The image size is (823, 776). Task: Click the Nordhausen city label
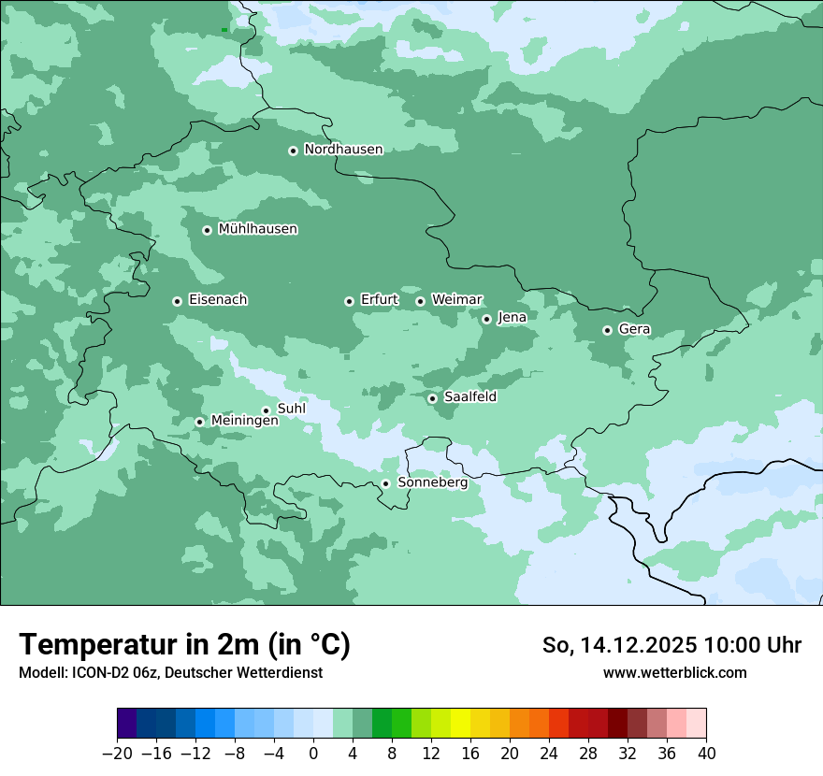[x=343, y=150]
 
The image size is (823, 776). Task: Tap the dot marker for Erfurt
[x=349, y=301]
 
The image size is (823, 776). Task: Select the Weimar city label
[x=456, y=299]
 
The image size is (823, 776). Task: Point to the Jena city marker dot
[x=486, y=319]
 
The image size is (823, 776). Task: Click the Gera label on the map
[x=634, y=329]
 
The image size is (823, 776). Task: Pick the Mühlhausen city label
[x=257, y=229]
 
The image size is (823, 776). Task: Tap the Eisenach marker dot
[x=177, y=301]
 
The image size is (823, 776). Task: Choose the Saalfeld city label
[x=469, y=396]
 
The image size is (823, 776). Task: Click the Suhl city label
[x=291, y=409]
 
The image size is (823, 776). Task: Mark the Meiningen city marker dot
[x=199, y=422]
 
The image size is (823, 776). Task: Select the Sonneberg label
[x=432, y=482]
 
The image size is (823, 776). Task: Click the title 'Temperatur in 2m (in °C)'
[x=184, y=645]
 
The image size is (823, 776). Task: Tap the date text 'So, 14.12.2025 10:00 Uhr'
[x=671, y=645]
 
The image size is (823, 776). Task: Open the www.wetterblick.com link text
[x=674, y=672]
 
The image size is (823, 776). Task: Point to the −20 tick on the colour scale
[x=117, y=754]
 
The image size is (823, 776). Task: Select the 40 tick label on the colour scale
[x=706, y=754]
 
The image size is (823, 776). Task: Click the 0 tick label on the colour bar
[x=313, y=754]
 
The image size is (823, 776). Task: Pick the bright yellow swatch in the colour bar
[x=460, y=724]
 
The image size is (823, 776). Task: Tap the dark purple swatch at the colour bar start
[x=126, y=724]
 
